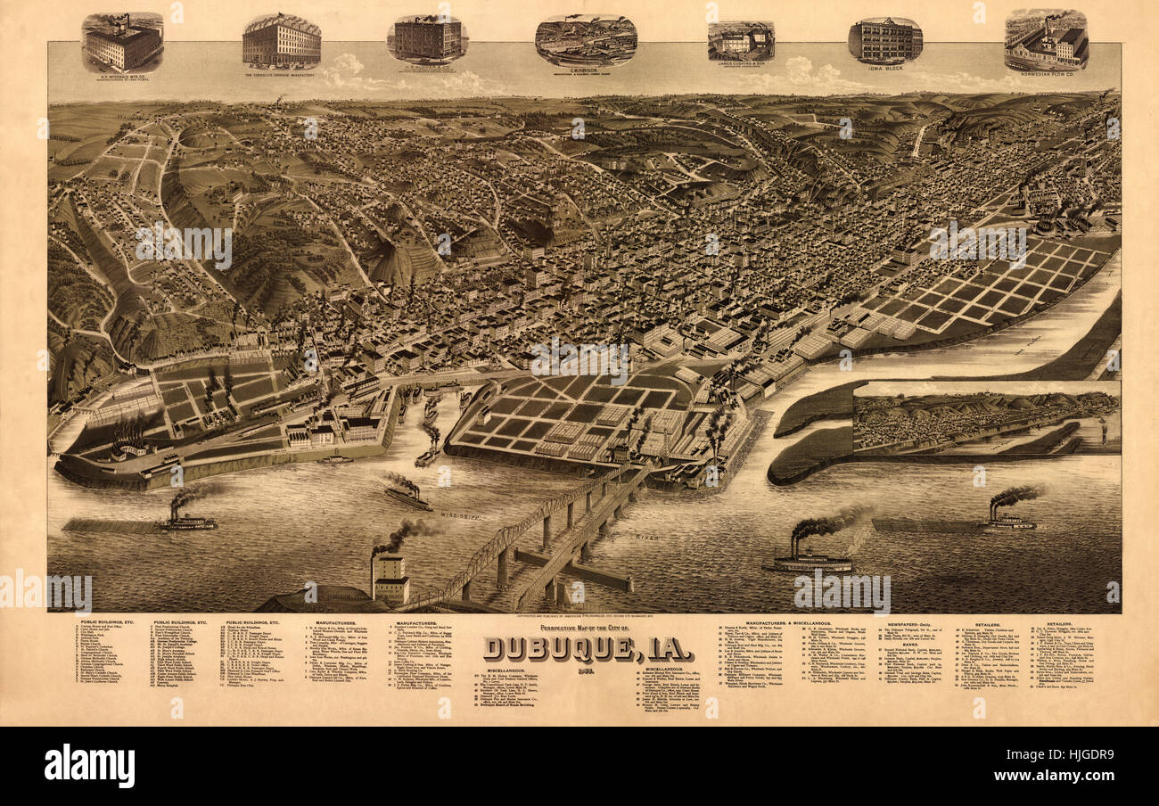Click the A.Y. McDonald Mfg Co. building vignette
122,43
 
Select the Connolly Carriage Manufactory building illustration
281,41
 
